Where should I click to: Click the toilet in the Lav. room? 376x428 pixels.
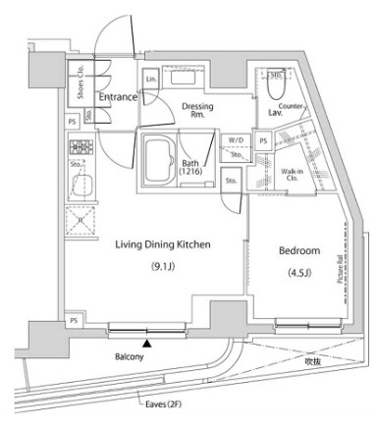[276, 84]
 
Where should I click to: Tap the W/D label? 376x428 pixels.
[236, 141]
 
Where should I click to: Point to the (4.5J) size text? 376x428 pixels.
[297, 272]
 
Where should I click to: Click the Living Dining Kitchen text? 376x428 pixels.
[164, 244]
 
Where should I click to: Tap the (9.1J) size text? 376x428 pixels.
[164, 266]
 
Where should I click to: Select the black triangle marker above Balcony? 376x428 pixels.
[147, 343]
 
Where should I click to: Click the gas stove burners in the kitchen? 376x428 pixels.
[80, 148]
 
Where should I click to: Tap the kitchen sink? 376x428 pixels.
[80, 184]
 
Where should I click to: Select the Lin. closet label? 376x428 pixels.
[152, 78]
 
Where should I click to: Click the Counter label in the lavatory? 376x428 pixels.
[290, 105]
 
